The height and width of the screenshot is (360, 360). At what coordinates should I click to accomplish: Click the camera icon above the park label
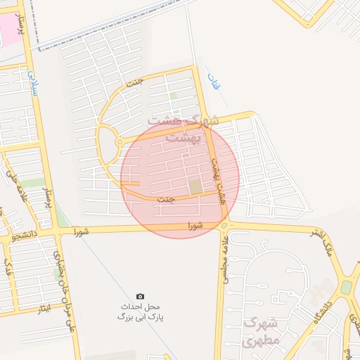140,297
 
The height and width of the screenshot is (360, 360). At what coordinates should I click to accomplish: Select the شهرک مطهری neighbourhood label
261,332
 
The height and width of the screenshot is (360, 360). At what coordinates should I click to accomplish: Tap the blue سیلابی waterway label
32,82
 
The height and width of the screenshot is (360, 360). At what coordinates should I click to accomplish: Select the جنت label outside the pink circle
134,82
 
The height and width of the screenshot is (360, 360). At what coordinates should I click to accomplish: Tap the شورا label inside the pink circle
195,226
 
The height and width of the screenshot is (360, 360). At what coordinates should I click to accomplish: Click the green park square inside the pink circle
195,186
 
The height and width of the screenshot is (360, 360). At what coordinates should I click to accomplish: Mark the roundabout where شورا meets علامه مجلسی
224,226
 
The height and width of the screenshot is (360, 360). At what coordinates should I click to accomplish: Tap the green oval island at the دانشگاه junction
346,288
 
